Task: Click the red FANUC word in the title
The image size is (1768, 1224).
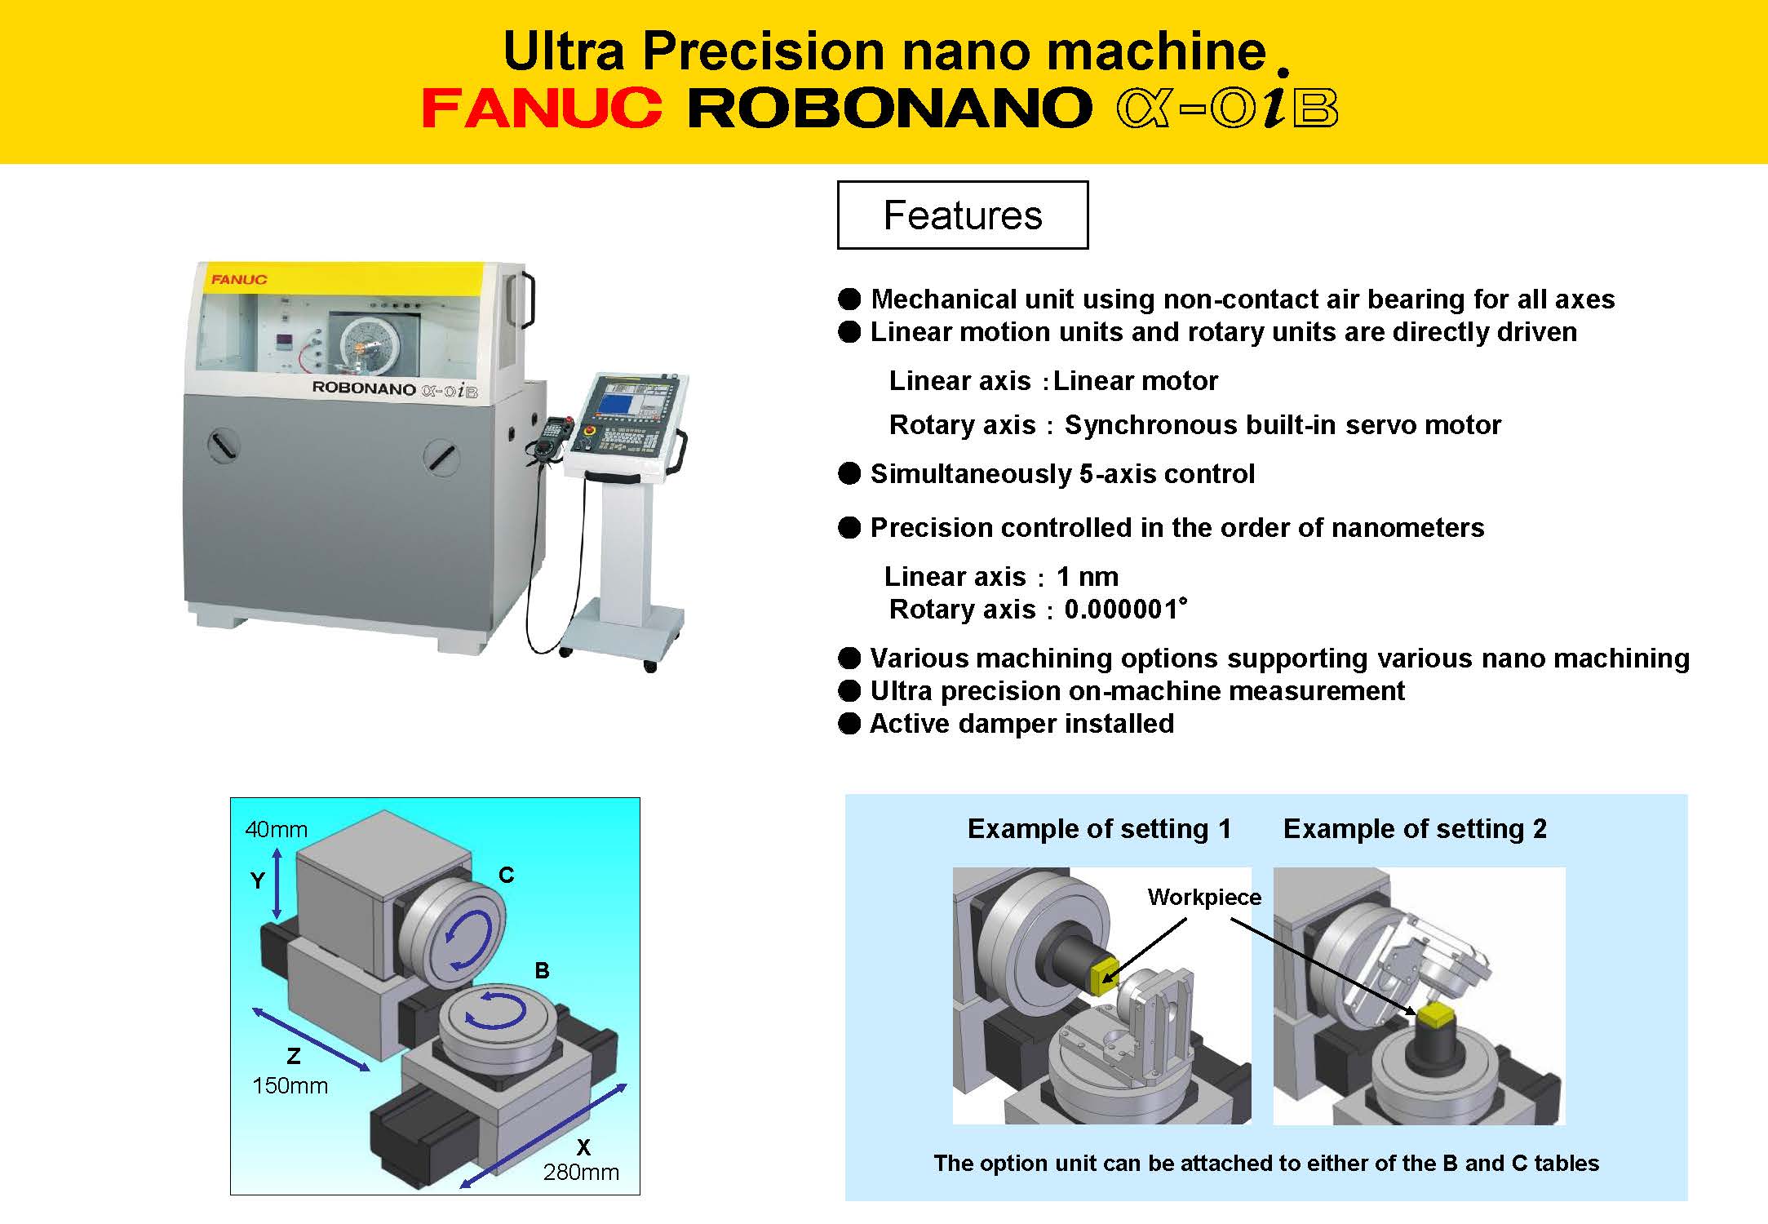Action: point(542,109)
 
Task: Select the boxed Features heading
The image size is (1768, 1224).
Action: point(963,215)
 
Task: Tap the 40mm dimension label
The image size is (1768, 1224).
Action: point(276,829)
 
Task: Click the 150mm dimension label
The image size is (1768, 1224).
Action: point(290,1085)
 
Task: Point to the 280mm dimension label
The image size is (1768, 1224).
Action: point(581,1172)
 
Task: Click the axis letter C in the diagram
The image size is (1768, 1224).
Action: point(507,875)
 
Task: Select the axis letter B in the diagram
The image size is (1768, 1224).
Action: point(542,970)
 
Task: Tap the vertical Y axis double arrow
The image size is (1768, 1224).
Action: point(277,884)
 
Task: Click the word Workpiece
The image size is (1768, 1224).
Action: point(1204,897)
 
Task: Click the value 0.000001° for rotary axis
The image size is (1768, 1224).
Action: point(1126,609)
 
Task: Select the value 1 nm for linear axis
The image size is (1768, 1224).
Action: point(1088,576)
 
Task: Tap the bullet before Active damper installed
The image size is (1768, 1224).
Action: point(849,723)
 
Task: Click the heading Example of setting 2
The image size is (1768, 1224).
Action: point(1415,828)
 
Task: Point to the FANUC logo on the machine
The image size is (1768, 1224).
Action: point(239,279)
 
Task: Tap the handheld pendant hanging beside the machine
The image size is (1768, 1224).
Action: point(552,441)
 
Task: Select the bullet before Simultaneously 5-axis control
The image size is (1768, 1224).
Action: point(849,473)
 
